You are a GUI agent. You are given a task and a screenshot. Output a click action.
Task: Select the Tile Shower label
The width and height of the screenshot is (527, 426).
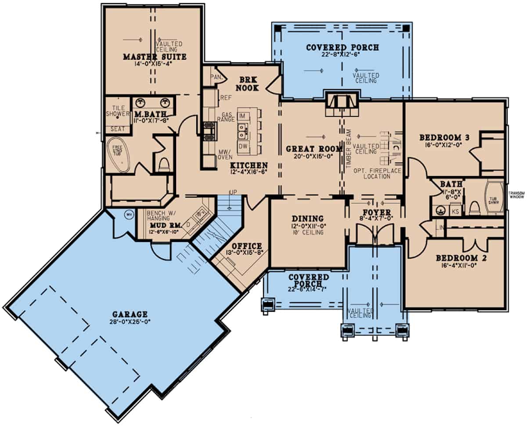coord(116,111)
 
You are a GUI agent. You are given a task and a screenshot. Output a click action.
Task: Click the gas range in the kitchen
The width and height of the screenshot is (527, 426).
coord(209,128)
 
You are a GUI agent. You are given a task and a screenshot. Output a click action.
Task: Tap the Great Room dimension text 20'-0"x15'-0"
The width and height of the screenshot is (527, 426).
coord(308,155)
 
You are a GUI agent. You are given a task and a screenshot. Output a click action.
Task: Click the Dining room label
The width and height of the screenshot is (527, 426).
coord(307,219)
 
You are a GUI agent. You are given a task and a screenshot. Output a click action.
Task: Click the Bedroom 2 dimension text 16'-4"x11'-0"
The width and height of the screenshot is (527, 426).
coord(456,265)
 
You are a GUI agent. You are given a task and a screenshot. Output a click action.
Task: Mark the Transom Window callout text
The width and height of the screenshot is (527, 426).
coord(517,195)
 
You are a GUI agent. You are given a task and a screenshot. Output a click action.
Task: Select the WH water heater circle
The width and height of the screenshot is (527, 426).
coord(129,215)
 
